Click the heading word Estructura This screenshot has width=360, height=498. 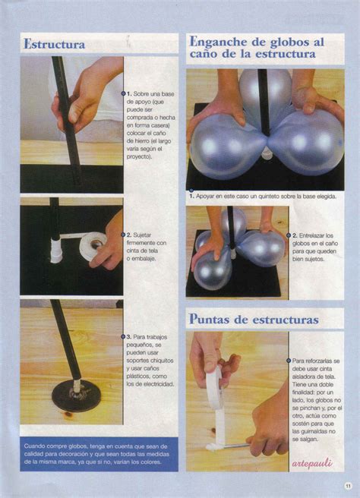point(55,44)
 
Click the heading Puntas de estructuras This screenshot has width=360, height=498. point(254,319)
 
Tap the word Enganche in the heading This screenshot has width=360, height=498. point(221,41)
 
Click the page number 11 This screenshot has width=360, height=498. point(347,486)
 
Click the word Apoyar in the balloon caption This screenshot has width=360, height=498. point(210,196)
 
